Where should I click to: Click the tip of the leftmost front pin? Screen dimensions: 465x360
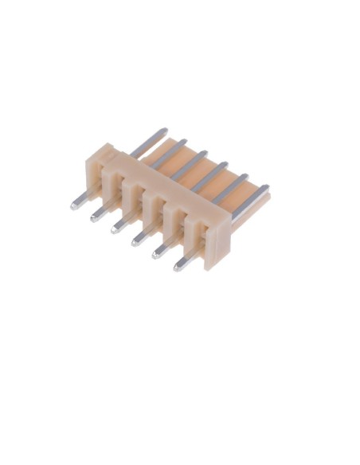coord(74,205)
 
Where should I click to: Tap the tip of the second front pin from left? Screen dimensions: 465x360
coord(95,217)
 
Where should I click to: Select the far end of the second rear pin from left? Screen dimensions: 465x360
coord(184,141)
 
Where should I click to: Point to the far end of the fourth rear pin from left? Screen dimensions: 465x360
coord(225,165)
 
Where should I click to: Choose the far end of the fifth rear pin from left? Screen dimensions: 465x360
coord(245,177)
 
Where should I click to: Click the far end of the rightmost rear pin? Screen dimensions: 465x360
coord(265,189)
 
